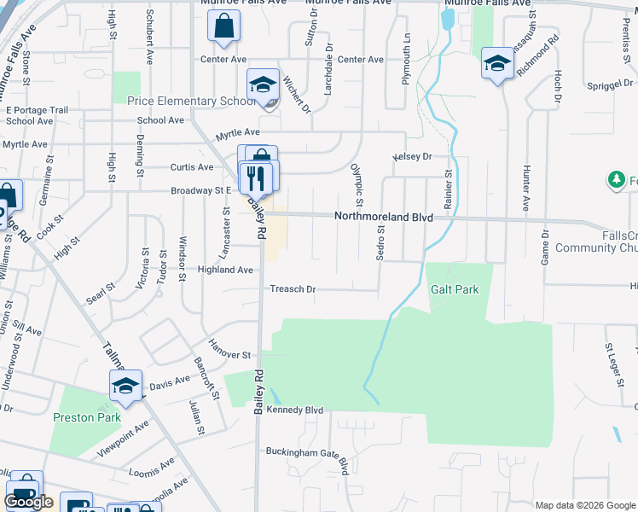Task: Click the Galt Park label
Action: tap(455, 290)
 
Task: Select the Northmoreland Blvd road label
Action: tap(383, 218)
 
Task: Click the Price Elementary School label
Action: tap(192, 102)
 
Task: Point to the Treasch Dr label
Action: tap(293, 289)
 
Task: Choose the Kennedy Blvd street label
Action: tap(294, 410)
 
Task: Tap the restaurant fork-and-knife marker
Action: tap(257, 177)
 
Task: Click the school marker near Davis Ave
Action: tap(125, 387)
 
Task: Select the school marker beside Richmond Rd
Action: tap(496, 64)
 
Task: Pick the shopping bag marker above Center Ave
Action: tap(223, 28)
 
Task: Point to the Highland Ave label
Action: tap(225, 270)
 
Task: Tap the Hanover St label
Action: tap(228, 354)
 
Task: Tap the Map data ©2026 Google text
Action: tap(584, 505)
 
